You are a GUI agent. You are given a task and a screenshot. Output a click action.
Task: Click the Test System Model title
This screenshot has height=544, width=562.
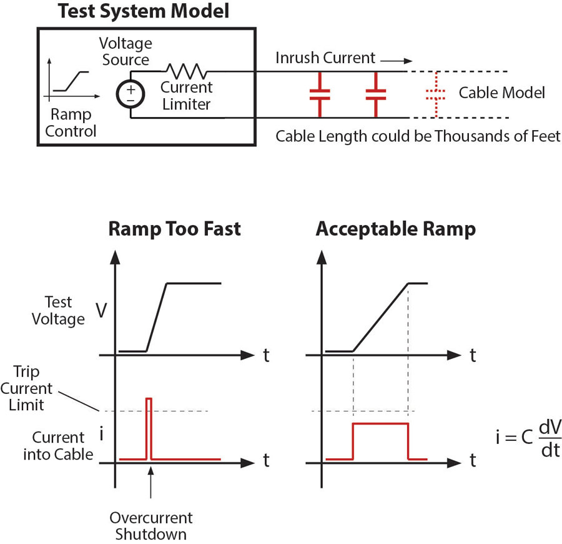point(144,11)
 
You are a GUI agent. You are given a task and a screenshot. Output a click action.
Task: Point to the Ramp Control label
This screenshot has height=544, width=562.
point(71,123)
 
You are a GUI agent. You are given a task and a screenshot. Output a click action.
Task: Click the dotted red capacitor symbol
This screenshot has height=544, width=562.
point(435,94)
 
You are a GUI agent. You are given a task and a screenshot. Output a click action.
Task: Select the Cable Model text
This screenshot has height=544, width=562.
point(501,93)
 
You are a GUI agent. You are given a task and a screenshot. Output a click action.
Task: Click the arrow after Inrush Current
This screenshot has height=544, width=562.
point(396,61)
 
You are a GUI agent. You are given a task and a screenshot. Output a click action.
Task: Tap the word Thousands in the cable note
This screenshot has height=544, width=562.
point(467,136)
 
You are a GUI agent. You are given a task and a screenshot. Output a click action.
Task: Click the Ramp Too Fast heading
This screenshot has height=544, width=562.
point(174,229)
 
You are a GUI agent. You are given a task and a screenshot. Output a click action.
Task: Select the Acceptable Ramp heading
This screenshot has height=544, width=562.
point(395,229)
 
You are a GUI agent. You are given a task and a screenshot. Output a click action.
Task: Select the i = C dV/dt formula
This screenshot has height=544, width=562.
point(528,438)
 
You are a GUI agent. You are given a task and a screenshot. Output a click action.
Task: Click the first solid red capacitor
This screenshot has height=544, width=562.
point(319,94)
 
